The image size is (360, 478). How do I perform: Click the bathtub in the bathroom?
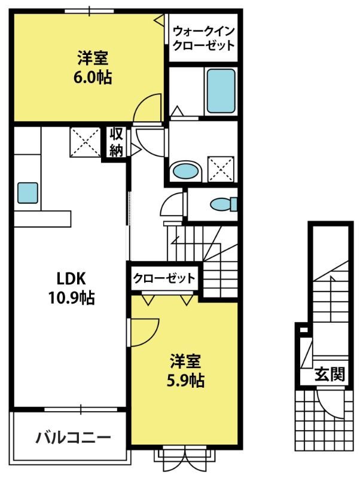(x=221, y=91)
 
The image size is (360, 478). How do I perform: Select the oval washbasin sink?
(x=186, y=171)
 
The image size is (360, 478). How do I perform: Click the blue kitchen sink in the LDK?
(x=28, y=192)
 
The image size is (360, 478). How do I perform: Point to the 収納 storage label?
(x=116, y=142)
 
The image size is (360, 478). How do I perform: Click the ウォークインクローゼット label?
(x=203, y=38)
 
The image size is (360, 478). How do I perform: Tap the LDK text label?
(x=71, y=278)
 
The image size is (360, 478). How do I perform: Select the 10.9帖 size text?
(x=71, y=298)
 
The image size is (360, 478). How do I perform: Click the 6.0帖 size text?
(x=93, y=77)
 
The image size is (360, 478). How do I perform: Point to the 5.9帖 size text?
(x=185, y=380)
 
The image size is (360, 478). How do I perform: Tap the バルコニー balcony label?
(x=73, y=438)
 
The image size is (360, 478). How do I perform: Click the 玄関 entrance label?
(x=330, y=374)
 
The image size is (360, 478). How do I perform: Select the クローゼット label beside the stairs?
(x=164, y=278)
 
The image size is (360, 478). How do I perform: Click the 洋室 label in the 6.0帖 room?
(x=93, y=58)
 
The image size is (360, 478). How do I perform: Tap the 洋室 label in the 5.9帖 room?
(x=185, y=361)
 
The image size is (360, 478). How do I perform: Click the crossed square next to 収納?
(x=86, y=142)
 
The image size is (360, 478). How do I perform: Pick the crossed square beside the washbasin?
(x=221, y=169)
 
